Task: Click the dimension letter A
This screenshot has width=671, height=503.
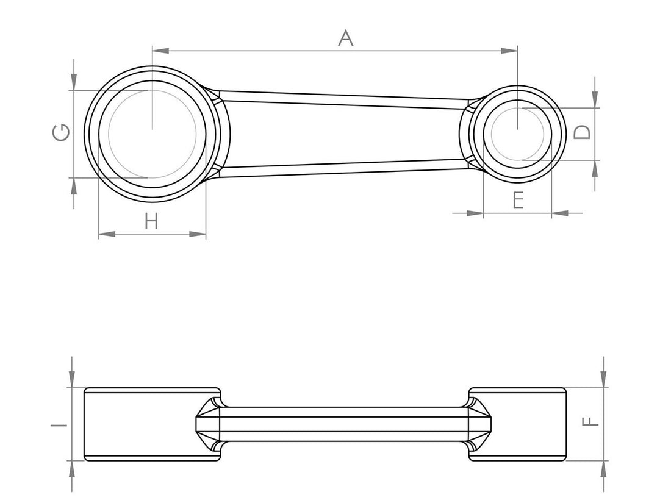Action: pyautogui.click(x=345, y=38)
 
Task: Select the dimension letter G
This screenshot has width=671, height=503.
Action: pyautogui.click(x=61, y=132)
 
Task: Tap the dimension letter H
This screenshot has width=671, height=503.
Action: pyautogui.click(x=151, y=221)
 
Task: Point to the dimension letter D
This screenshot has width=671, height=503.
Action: pyautogui.click(x=584, y=132)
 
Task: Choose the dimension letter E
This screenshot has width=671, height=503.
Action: pyautogui.click(x=518, y=200)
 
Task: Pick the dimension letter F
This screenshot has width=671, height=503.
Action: pyautogui.click(x=592, y=422)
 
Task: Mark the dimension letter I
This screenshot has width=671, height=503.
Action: pyautogui.click(x=61, y=423)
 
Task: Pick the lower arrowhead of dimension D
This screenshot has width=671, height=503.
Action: pyautogui.click(x=595, y=168)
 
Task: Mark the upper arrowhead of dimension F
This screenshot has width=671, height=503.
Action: pyautogui.click(x=604, y=380)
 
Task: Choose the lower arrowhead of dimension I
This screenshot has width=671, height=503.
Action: pyautogui.click(x=73, y=468)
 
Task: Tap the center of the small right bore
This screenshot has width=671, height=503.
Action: pyautogui.click(x=517, y=134)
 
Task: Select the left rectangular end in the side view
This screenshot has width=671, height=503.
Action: pyautogui.click(x=151, y=424)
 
